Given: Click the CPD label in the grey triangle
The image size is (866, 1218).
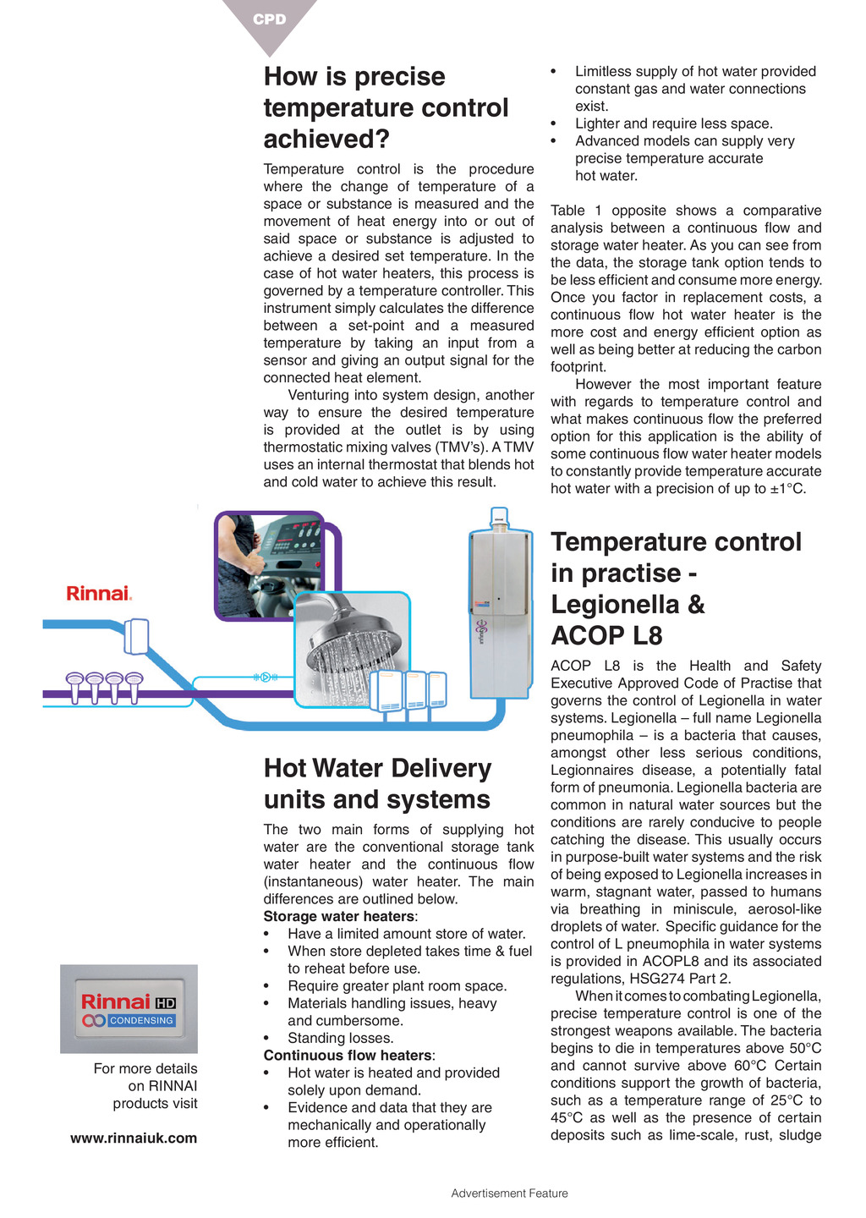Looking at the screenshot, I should pyautogui.click(x=270, y=19).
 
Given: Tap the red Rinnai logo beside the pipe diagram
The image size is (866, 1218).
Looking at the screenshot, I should pyautogui.click(x=99, y=593).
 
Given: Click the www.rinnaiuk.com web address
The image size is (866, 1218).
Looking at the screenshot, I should pyautogui.click(x=134, y=1138).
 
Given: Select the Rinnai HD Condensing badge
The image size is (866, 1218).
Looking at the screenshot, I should pyautogui.click(x=129, y=1009).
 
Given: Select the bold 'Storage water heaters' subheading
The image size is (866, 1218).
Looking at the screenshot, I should pyautogui.click(x=338, y=916).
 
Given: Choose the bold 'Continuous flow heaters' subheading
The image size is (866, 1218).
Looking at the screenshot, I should pyautogui.click(x=347, y=1055).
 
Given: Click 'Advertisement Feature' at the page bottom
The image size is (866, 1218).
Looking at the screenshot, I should pyautogui.click(x=509, y=1193).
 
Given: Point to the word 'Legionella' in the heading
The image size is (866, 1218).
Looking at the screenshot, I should pyautogui.click(x=607, y=604).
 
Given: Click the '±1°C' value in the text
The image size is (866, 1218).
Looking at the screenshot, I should pyautogui.click(x=787, y=489).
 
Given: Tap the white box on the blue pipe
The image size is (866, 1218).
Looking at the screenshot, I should pyautogui.click(x=136, y=636).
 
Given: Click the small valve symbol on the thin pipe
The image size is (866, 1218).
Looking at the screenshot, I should pyautogui.click(x=265, y=677).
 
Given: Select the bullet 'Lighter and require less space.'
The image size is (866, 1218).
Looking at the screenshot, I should pyautogui.click(x=673, y=123).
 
